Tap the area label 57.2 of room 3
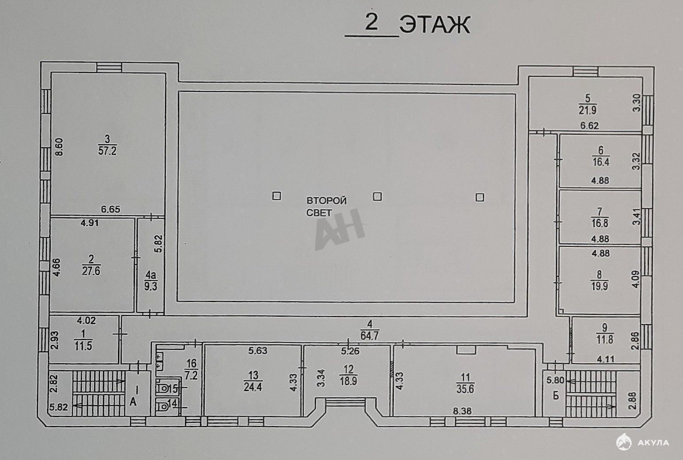pyautogui.click(x=107, y=151)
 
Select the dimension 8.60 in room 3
pyautogui.click(x=59, y=147)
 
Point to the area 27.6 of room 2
pyautogui.click(x=91, y=271)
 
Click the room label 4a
pyautogui.click(x=151, y=276)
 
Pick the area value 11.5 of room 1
pyautogui.click(x=83, y=346)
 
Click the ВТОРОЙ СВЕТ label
pyautogui.click(x=327, y=207)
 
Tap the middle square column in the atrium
pyautogui.click(x=378, y=197)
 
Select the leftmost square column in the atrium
pyautogui.click(x=277, y=196)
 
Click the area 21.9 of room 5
pyautogui.click(x=588, y=110)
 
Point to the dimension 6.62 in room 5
pyautogui.click(x=589, y=125)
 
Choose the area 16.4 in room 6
pyautogui.click(x=601, y=162)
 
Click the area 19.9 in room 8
pyautogui.click(x=599, y=287)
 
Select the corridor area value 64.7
pyautogui.click(x=370, y=336)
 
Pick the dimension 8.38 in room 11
pyautogui.click(x=462, y=411)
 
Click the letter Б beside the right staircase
pyautogui.click(x=556, y=396)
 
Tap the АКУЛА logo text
pyautogui.click(x=653, y=443)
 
